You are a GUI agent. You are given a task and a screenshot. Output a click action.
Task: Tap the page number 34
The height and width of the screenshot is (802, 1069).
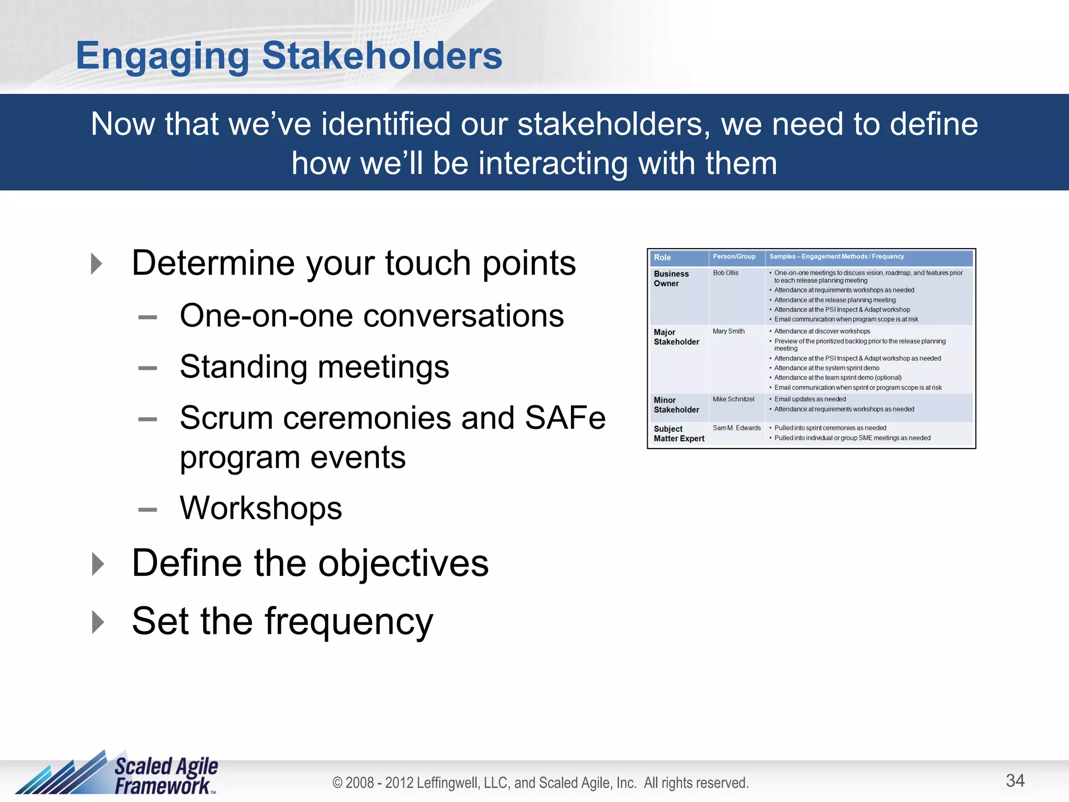pyautogui.click(x=1015, y=781)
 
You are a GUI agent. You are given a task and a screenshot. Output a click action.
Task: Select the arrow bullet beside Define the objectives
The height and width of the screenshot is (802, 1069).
pyautogui.click(x=98, y=564)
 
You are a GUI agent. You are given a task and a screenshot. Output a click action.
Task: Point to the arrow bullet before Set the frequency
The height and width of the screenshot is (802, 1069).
pyautogui.click(x=98, y=622)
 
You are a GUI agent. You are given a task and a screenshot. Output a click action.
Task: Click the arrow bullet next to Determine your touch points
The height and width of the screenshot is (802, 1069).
pyautogui.click(x=97, y=264)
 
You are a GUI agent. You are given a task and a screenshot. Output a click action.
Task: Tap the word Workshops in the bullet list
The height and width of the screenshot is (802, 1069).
pyautogui.click(x=260, y=508)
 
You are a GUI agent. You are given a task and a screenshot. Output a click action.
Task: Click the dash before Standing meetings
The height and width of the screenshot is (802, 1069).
pyautogui.click(x=148, y=368)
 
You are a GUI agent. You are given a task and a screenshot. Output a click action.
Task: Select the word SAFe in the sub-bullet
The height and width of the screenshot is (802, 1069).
pyautogui.click(x=565, y=418)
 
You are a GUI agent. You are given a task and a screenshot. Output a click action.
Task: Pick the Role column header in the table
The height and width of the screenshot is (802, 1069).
pyautogui.click(x=662, y=257)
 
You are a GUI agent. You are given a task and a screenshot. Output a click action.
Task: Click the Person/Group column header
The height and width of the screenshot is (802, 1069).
pyautogui.click(x=734, y=256)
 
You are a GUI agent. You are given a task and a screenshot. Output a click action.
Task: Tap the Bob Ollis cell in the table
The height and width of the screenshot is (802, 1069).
pyautogui.click(x=726, y=273)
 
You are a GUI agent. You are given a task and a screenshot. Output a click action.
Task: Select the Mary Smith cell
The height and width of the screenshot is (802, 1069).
pyautogui.click(x=728, y=331)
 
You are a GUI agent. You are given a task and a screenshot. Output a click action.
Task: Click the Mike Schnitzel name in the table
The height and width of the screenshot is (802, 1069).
pyautogui.click(x=733, y=399)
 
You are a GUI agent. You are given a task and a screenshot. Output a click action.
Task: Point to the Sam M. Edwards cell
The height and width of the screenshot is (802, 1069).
pyautogui.click(x=737, y=428)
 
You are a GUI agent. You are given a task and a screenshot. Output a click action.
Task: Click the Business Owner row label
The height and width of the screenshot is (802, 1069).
pyautogui.click(x=671, y=278)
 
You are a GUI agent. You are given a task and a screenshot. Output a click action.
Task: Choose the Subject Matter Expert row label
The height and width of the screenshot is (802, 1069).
pyautogui.click(x=679, y=433)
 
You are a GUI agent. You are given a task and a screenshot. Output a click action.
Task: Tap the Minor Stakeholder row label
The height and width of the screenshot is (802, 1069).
pyautogui.click(x=676, y=405)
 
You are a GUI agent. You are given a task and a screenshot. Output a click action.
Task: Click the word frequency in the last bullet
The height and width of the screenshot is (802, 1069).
pyautogui.click(x=349, y=622)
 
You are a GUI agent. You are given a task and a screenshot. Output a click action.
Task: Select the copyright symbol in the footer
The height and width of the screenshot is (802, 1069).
pyautogui.click(x=338, y=783)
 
